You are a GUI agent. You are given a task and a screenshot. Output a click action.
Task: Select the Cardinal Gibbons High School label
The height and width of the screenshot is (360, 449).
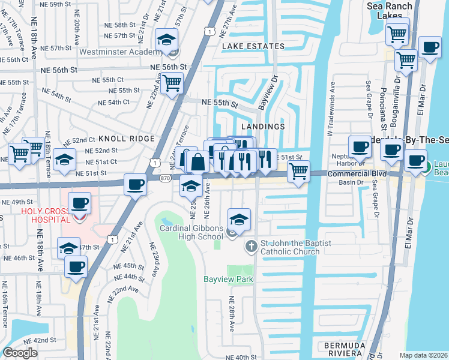(191, 232)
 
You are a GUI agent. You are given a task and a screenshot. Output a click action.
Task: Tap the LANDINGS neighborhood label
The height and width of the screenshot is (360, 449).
(262, 127)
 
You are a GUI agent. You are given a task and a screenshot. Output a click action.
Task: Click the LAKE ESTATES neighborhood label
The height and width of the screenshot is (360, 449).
(252, 46)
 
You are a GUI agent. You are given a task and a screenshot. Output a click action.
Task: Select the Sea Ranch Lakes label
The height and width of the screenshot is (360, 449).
(390, 11)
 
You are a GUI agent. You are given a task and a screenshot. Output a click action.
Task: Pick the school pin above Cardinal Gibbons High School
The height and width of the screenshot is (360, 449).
(238, 220)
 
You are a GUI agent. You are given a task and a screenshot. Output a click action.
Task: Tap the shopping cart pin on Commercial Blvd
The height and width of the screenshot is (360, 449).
(298, 172)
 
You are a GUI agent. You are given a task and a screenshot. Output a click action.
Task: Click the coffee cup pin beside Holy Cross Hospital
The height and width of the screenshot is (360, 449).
(79, 203)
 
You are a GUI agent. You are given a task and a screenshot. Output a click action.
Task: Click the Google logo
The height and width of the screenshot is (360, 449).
(20, 353)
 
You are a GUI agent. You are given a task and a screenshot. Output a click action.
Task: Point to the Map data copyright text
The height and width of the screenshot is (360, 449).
(423, 355)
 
